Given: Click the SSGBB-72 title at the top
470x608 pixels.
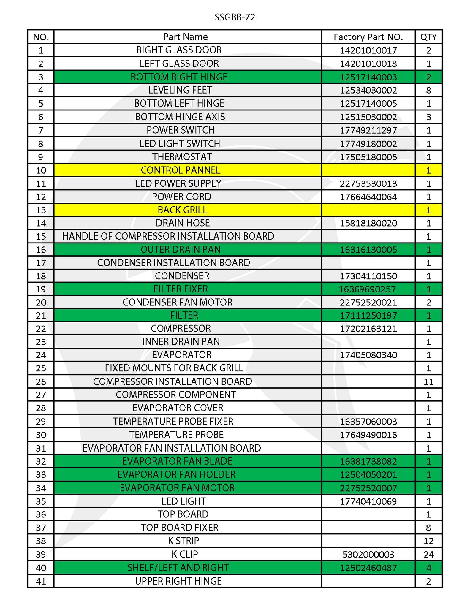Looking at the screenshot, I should point(235,18).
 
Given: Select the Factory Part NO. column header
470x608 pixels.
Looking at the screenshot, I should point(368,37).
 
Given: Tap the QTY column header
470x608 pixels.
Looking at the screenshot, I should point(428,37).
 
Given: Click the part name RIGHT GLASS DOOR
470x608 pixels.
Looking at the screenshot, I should point(179,50).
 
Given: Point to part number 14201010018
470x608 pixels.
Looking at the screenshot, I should point(368,64).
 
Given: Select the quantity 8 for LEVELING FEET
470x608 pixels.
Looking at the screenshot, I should point(428,90).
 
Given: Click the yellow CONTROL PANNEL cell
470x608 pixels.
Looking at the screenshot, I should point(181,170).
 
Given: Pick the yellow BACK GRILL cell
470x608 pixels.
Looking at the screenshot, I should point(182,210).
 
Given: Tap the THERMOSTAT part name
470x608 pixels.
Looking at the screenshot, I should point(182,157).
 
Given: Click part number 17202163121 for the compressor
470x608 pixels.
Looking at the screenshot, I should point(368,329).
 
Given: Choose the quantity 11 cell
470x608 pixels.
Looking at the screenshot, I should point(428,381).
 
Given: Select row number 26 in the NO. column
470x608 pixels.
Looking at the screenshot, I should point(41,382).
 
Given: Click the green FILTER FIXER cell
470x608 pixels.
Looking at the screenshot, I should point(181,289).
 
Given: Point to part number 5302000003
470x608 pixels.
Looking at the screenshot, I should point(368,554).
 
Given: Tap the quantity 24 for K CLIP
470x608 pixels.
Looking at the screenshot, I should point(428,554).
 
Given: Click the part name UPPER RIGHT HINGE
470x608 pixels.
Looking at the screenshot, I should point(178,581).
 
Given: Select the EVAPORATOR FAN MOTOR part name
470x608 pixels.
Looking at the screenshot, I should point(177,488).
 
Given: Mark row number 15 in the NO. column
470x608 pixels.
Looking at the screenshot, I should point(41,237).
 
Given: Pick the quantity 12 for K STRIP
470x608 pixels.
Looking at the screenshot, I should point(428,541).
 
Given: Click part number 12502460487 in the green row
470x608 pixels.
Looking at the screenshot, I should point(368,568).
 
